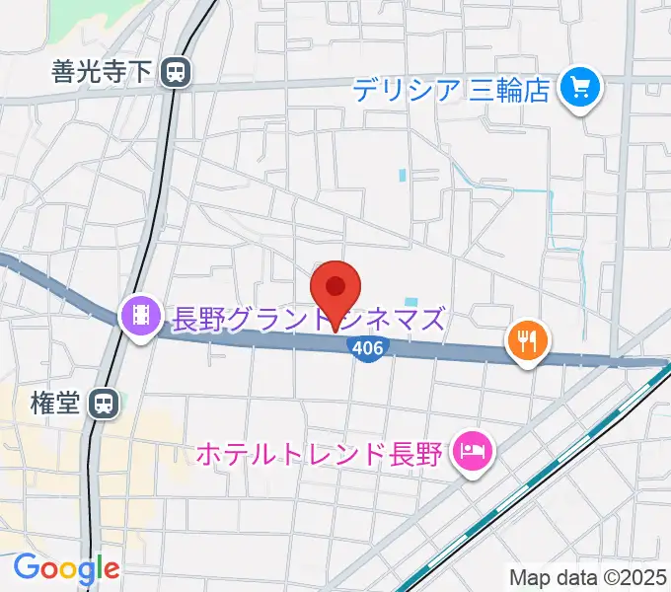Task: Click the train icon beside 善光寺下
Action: pyautogui.click(x=177, y=71)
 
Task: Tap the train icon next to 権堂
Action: pyautogui.click(x=103, y=403)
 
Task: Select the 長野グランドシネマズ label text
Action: pyautogui.click(x=309, y=319)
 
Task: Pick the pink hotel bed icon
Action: pyautogui.click(x=471, y=454)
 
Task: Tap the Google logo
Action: pyautogui.click(x=65, y=568)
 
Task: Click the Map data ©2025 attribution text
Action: pyautogui.click(x=588, y=576)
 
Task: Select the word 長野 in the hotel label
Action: pyautogui.click(x=417, y=454)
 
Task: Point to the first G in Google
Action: pyautogui.click(x=26, y=568)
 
